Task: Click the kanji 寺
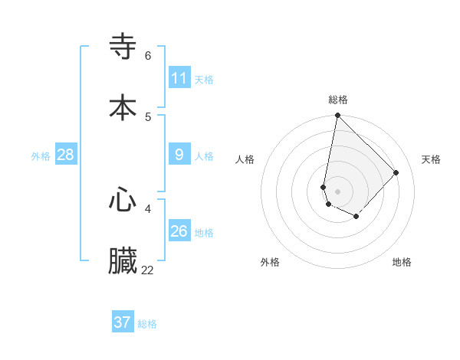pyautogui.click(x=123, y=46)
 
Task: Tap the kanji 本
pyautogui.click(x=123, y=106)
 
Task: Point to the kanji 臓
pyautogui.click(x=123, y=260)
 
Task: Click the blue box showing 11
pyautogui.click(x=179, y=77)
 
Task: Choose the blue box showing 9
pyautogui.click(x=179, y=155)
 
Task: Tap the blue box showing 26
pyautogui.click(x=179, y=231)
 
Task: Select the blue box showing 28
pyautogui.click(x=66, y=155)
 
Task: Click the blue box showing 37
pyautogui.click(x=123, y=322)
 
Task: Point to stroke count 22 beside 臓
pyautogui.click(x=148, y=270)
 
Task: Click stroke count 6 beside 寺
pyautogui.click(x=148, y=55)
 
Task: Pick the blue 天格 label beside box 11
pyautogui.click(x=204, y=79)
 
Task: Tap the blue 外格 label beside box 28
pyautogui.click(x=41, y=156)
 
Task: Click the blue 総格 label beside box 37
pyautogui.click(x=147, y=324)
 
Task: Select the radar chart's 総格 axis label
pyautogui.click(x=338, y=100)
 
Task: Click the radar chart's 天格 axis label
pyautogui.click(x=431, y=159)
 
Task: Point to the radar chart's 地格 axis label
pyautogui.click(x=402, y=262)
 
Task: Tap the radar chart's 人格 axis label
pyautogui.click(x=245, y=159)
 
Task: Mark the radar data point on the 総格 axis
pyautogui.click(x=337, y=116)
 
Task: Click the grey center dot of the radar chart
pyautogui.click(x=337, y=191)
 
